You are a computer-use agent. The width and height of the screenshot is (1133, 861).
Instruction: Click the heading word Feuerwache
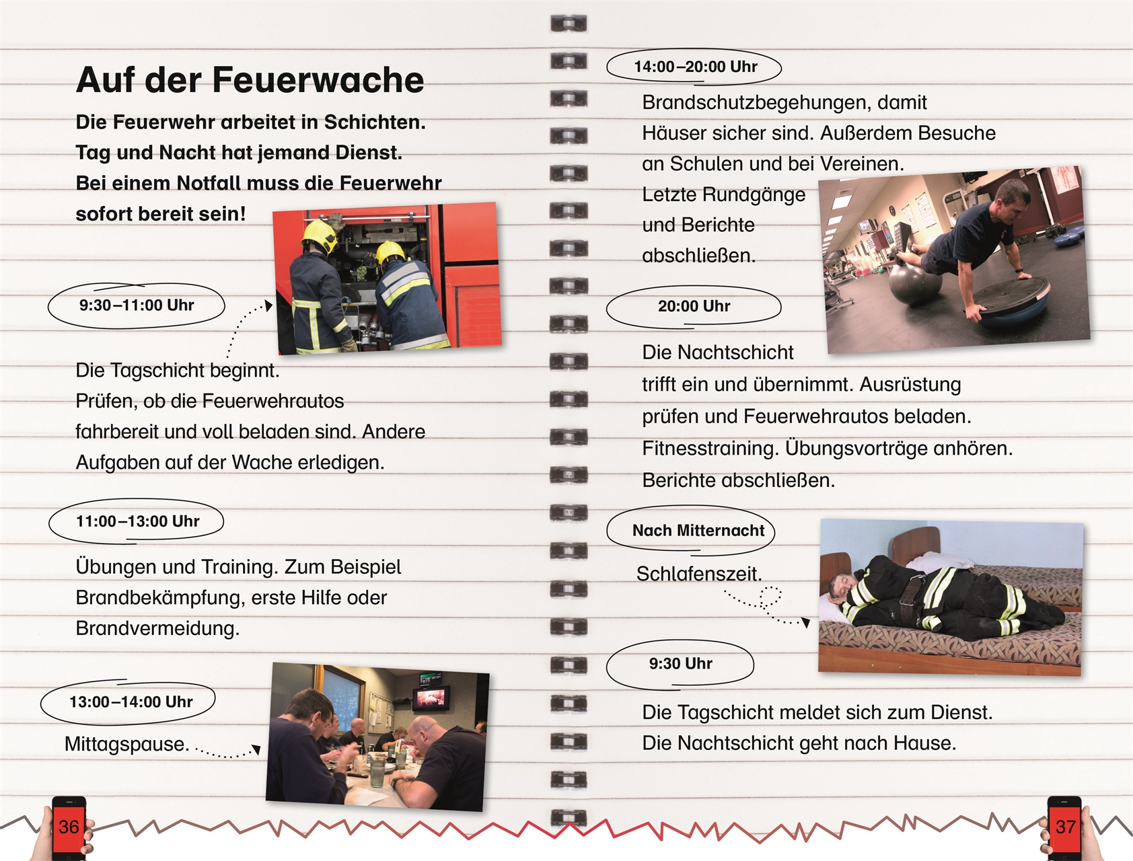point(318,81)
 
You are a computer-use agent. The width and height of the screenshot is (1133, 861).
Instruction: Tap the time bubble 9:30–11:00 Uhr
point(137,305)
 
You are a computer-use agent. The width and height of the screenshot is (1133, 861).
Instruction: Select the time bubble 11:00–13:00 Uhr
point(137,521)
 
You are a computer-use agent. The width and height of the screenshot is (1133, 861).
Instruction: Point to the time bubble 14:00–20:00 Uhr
point(695,67)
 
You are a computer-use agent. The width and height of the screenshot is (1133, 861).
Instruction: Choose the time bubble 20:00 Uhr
point(694,306)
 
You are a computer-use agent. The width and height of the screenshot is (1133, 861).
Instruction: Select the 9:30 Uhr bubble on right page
point(680,664)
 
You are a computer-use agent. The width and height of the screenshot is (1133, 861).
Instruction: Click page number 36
point(69,827)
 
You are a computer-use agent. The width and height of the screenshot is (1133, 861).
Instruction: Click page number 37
point(1065,827)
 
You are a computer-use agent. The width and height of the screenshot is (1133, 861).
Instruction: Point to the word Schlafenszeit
point(699,574)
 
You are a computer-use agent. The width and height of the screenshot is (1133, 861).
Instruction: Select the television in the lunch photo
point(431,698)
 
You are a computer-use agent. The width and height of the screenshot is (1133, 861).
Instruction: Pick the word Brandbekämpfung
point(160,597)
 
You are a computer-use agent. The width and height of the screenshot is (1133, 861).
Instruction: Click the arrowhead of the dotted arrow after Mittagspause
point(256,749)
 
